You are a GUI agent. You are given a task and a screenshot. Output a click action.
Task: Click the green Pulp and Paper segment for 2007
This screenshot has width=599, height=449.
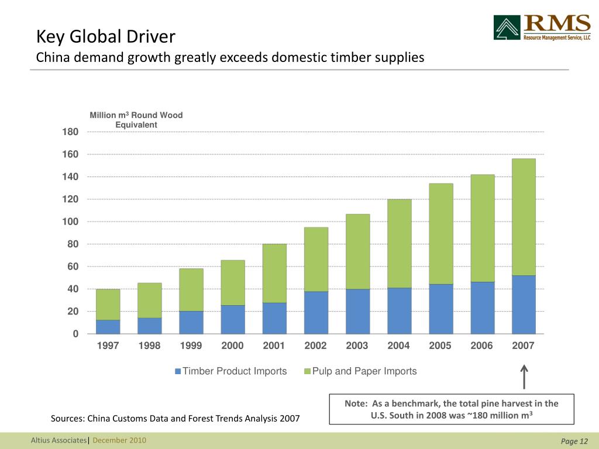pyautogui.click(x=524, y=217)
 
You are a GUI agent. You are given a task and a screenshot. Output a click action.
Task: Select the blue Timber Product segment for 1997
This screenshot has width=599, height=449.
pyautogui.click(x=108, y=327)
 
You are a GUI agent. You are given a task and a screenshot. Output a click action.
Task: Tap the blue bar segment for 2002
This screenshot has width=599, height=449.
pyautogui.click(x=316, y=312)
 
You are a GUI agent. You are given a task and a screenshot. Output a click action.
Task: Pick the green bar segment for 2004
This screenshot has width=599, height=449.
pyautogui.click(x=399, y=243)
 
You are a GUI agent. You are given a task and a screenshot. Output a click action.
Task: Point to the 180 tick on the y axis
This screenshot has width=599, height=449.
pyautogui.click(x=70, y=132)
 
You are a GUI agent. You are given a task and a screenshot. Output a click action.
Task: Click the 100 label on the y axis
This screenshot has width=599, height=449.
pyautogui.click(x=70, y=222)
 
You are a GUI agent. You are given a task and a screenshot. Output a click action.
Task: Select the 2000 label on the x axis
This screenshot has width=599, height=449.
pyautogui.click(x=232, y=346)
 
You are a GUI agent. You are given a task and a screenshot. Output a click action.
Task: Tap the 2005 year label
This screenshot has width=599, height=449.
pyautogui.click(x=440, y=346)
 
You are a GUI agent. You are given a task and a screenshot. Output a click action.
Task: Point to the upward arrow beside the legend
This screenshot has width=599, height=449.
pyautogui.click(x=524, y=377)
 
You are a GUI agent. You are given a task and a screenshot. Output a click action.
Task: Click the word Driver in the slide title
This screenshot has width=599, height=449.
pyautogui.click(x=149, y=37)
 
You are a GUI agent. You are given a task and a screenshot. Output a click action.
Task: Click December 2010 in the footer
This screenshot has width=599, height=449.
pyautogui.click(x=119, y=440)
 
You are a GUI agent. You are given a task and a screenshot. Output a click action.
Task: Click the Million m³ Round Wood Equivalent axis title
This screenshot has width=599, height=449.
pyautogui.click(x=136, y=120)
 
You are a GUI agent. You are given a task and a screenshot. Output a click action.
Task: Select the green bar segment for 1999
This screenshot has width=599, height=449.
pyautogui.click(x=191, y=289)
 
